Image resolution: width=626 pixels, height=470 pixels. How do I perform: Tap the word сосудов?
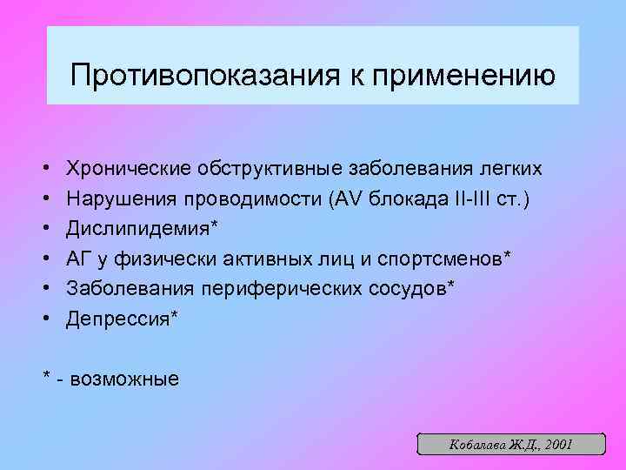click(x=408, y=288)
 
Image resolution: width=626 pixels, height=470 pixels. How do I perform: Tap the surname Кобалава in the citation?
click(x=471, y=444)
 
